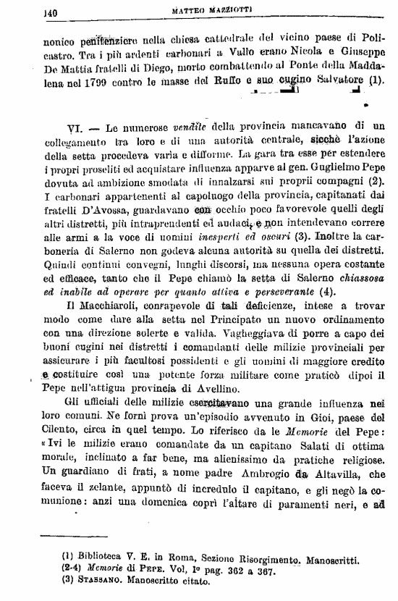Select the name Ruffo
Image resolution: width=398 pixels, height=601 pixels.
click(x=221, y=81)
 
